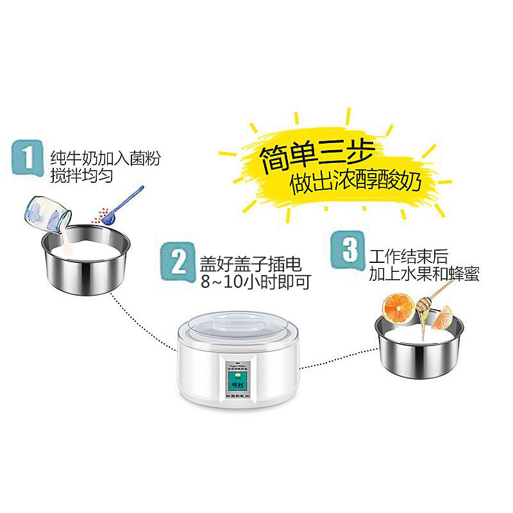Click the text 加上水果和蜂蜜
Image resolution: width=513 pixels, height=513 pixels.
(x=424, y=274)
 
